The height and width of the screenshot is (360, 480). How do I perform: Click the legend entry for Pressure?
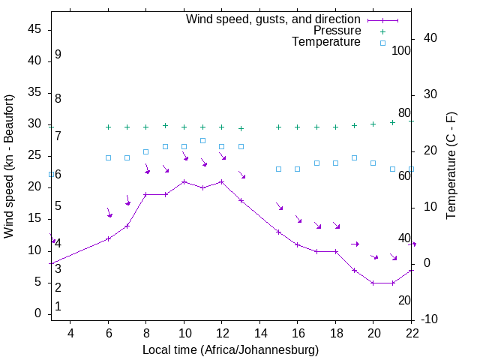pyautogui.click(x=337, y=31)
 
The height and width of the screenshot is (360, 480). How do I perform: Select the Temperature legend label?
pyautogui.click(x=326, y=43)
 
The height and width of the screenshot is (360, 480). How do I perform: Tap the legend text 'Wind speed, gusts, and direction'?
pyautogui.click(x=274, y=19)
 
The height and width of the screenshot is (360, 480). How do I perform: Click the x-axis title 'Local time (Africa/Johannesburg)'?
pyautogui.click(x=230, y=350)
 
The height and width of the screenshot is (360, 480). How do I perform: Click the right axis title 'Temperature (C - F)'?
pyautogui.click(x=451, y=166)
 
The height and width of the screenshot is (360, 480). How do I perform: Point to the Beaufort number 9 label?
pyautogui.click(x=58, y=55)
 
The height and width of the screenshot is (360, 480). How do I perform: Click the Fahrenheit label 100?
pyautogui.click(x=401, y=50)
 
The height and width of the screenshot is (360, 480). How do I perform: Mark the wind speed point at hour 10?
pyautogui.click(x=184, y=181)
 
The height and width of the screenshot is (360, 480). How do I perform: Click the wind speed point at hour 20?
pyautogui.click(x=373, y=283)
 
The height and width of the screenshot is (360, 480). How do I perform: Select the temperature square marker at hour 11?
pyautogui.click(x=202, y=140)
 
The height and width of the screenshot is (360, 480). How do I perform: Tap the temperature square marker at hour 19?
pyautogui.click(x=354, y=157)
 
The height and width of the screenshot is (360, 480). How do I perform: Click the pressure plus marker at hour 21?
pyautogui.click(x=392, y=122)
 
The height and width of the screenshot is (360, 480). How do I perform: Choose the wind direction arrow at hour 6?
pyautogui.click(x=109, y=213)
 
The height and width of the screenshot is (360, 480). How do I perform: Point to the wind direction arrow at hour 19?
pyautogui.click(x=355, y=244)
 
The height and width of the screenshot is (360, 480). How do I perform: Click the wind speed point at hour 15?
pyautogui.click(x=278, y=232)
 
